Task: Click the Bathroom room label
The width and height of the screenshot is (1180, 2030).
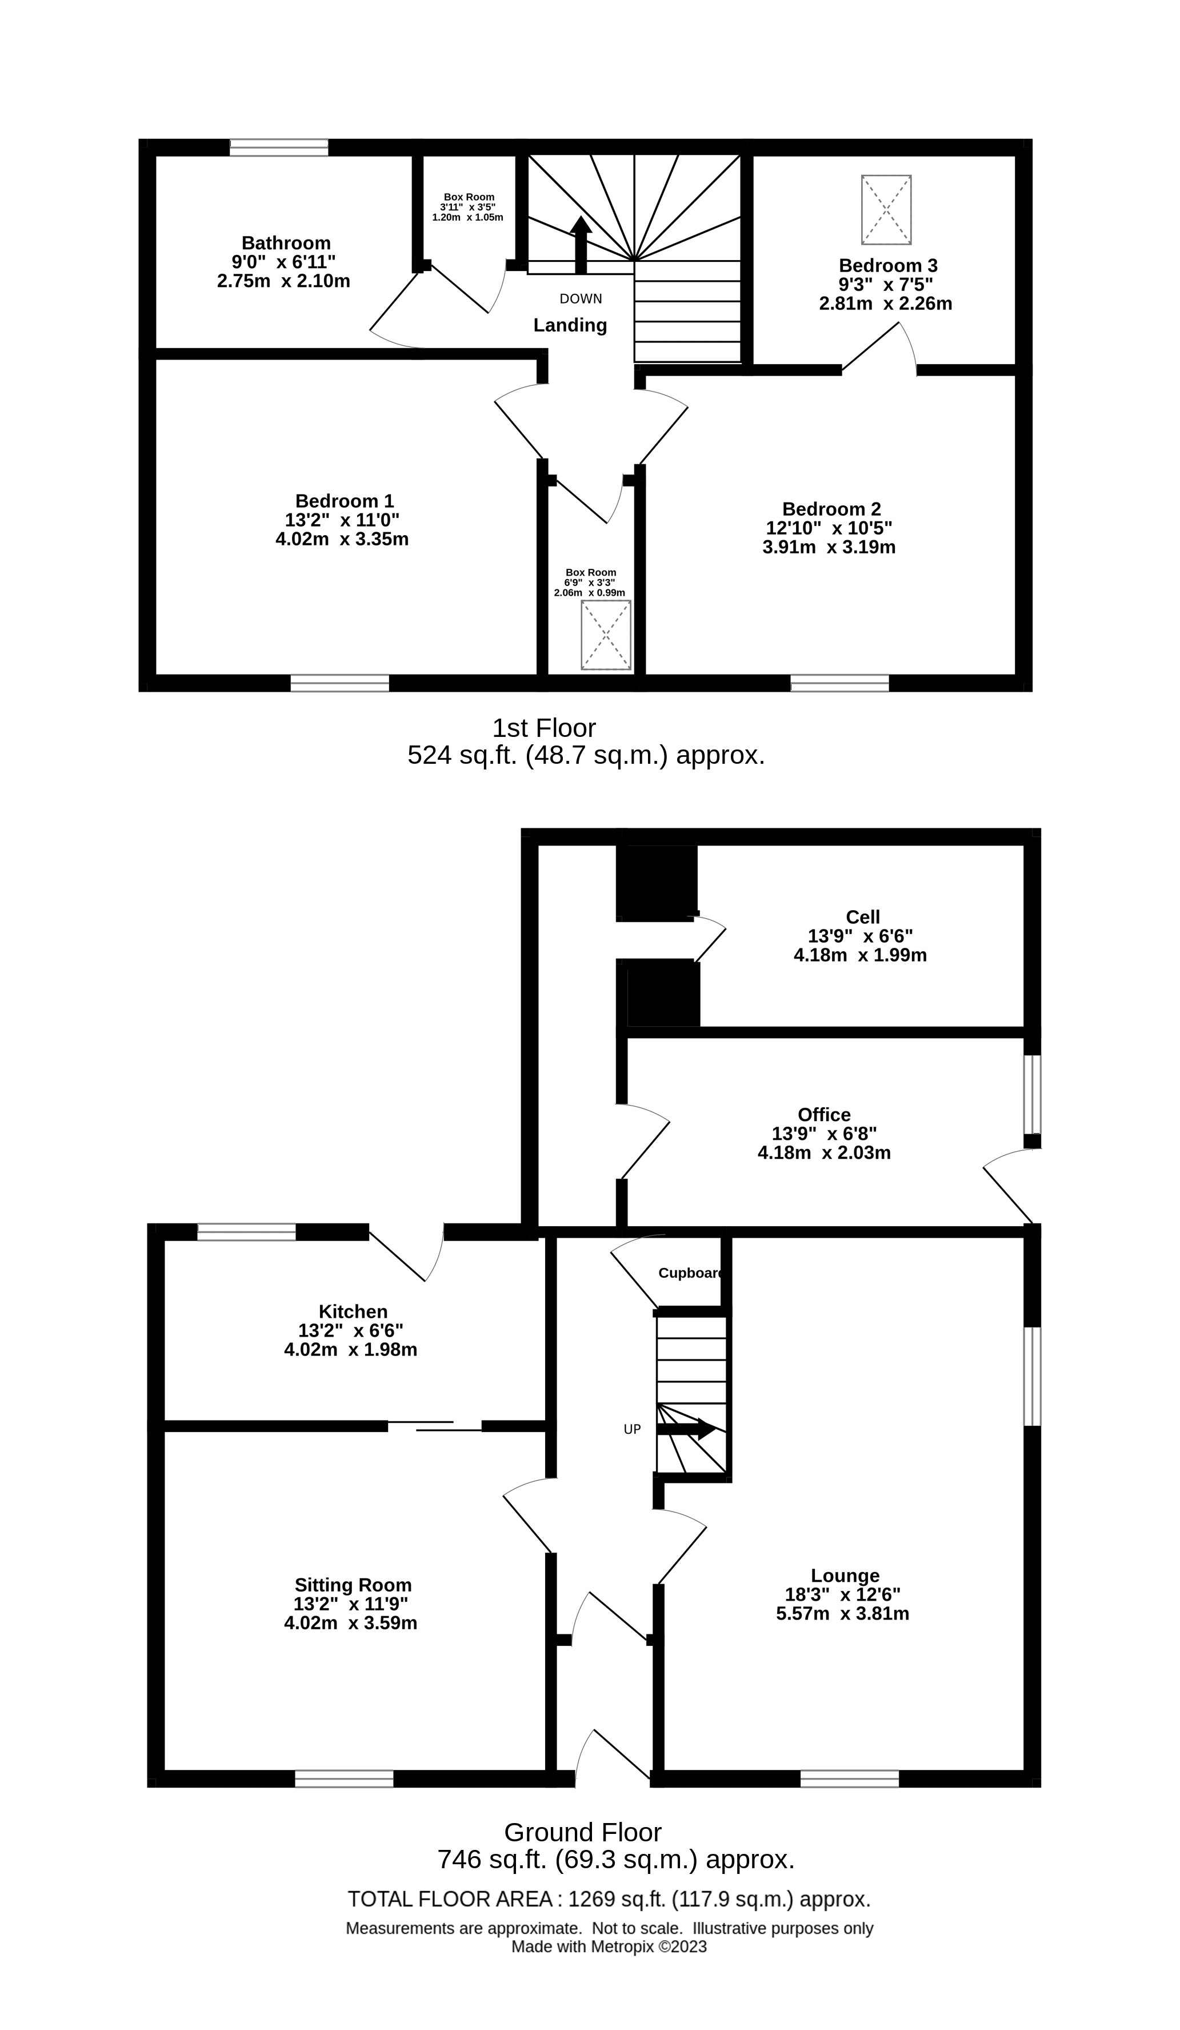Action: click(x=286, y=242)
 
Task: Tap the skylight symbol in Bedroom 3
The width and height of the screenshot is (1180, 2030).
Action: click(x=886, y=209)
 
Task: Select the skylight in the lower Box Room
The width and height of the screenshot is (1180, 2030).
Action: click(x=606, y=635)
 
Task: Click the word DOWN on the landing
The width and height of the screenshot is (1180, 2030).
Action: click(x=581, y=299)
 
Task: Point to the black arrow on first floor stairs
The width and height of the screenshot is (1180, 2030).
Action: click(x=581, y=246)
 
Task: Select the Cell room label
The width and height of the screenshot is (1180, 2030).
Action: click(x=863, y=917)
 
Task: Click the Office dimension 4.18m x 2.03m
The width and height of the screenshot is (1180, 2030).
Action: click(x=824, y=1152)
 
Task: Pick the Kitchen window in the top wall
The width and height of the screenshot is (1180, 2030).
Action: click(x=246, y=1232)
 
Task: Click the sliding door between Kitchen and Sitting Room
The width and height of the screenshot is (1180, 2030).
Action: click(x=435, y=1426)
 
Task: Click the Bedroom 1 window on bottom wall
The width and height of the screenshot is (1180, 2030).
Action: click(x=340, y=683)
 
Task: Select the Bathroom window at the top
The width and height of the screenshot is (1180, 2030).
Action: click(x=279, y=147)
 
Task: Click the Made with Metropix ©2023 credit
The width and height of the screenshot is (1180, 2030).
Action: click(x=609, y=1947)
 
